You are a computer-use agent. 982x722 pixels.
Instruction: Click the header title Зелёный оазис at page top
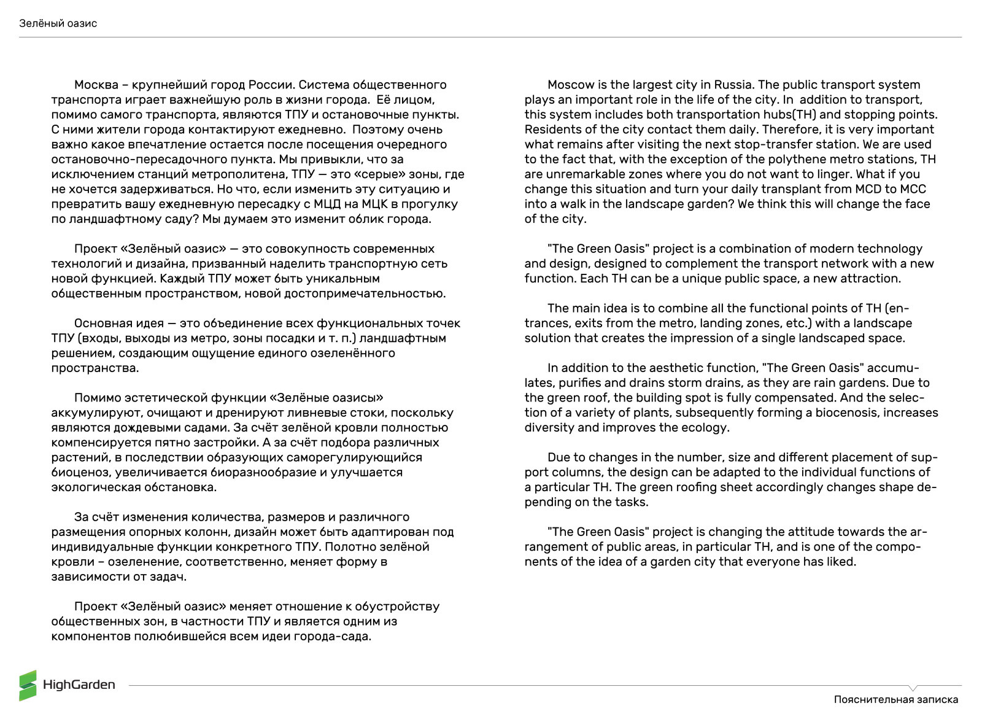58,23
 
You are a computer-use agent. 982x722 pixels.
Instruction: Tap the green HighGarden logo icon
28,685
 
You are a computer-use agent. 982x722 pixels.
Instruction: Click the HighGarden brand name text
79,685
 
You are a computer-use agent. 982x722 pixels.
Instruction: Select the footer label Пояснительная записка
895,699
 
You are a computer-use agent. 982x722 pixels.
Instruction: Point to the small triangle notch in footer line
913,688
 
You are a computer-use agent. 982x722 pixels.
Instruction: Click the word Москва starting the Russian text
96,85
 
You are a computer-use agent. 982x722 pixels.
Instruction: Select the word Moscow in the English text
571,85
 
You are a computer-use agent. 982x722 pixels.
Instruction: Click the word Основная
101,323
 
